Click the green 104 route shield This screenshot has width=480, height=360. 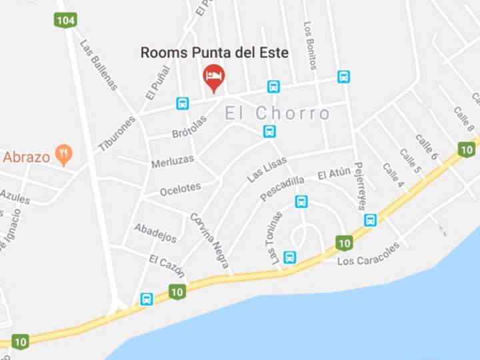coord(65,20)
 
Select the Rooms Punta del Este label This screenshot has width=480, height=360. coord(214,53)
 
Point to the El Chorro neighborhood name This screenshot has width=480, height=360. coord(277,113)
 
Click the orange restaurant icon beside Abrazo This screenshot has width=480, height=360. coord(64,155)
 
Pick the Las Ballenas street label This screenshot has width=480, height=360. coord(99,65)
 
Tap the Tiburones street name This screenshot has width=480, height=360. coord(117,133)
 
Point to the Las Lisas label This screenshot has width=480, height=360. coord(267,169)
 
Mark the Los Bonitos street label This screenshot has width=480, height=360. coord(310,46)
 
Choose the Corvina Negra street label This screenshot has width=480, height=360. coord(209,240)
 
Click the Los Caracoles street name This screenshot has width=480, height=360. coord(368,253)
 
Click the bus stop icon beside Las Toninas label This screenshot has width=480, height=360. coord(290,257)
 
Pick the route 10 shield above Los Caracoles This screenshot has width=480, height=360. coord(344,243)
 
